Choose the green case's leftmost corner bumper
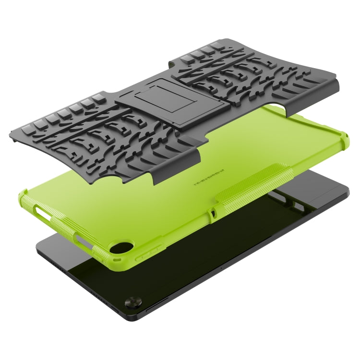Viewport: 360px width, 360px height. (x=26, y=196)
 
